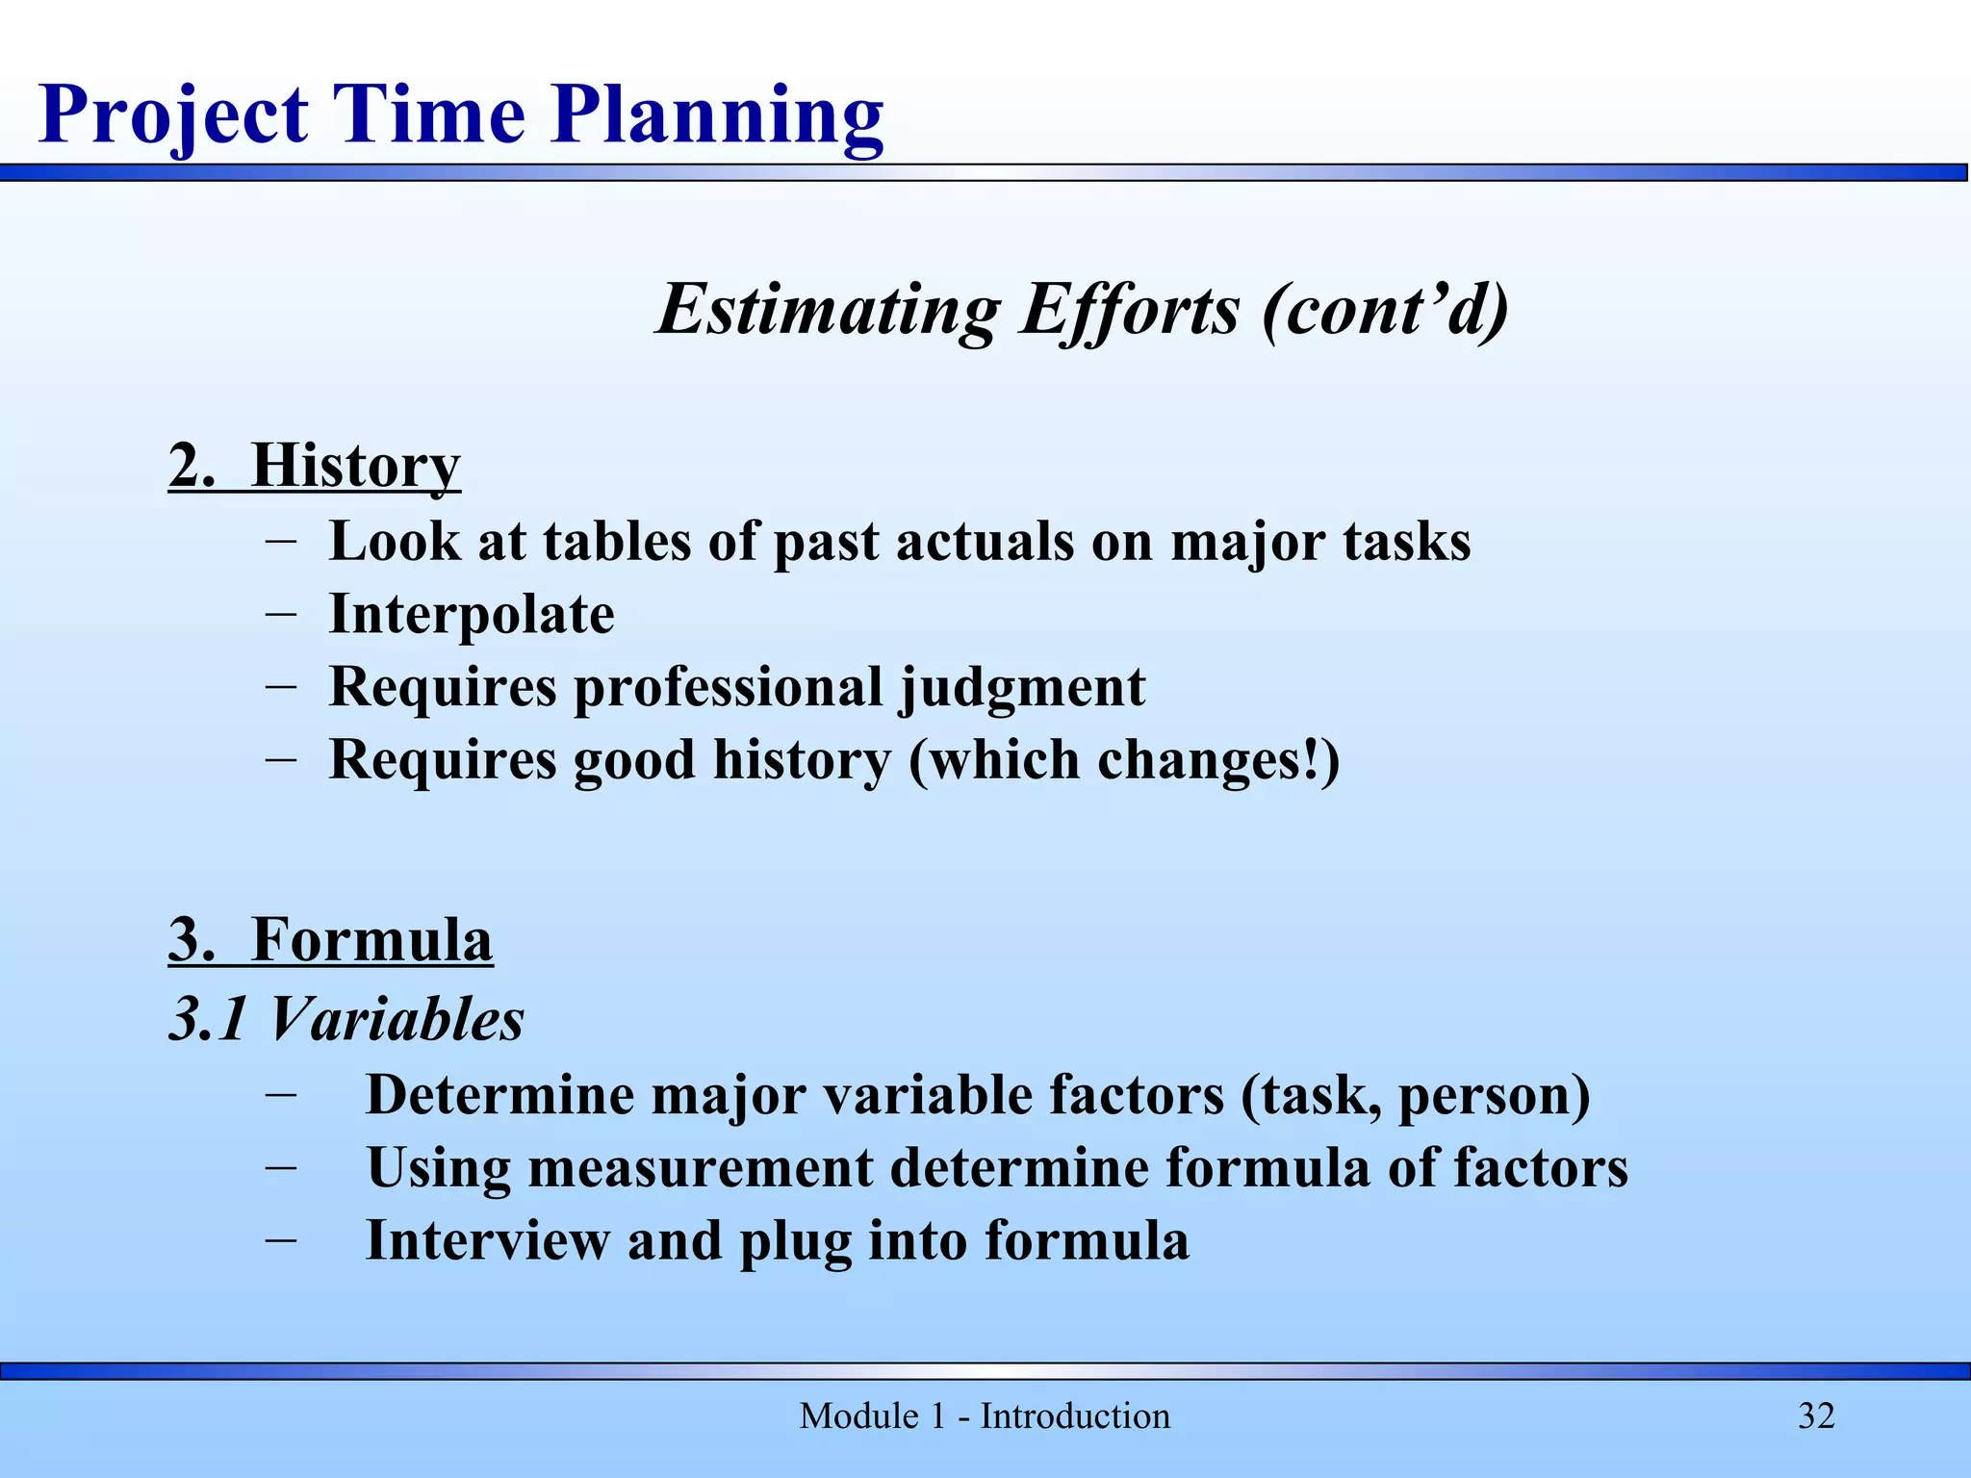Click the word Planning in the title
717,115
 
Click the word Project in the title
173,115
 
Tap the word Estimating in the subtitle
828,310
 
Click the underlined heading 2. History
314,466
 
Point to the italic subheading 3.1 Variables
346,1018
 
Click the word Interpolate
472,614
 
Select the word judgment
1022,687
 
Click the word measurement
700,1167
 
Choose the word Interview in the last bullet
487,1240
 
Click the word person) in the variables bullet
1494,1095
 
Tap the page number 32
1816,1416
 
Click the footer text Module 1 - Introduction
985,1416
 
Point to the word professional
728,687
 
